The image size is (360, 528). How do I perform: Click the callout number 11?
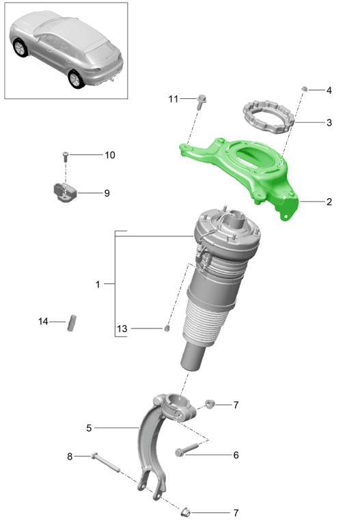pos(173,99)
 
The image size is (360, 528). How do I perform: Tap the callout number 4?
pos(329,90)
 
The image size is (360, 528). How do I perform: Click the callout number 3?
pos(329,123)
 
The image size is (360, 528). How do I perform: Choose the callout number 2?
pos(329,202)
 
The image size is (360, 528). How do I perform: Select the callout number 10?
pos(110,155)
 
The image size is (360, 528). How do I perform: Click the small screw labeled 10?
pos(66,156)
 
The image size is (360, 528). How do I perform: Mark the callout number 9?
pos(107,193)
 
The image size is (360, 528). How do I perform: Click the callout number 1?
pos(98,283)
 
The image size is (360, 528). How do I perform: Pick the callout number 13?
pos(122,329)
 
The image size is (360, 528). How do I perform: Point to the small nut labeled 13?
pos(166,329)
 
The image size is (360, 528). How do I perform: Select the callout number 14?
pos(44,321)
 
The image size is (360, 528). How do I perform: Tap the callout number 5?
pos(89,428)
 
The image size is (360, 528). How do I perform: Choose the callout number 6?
pos(236,455)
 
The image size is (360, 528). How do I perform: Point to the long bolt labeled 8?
pos(105,462)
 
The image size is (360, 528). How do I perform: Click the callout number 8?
pos(69,456)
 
